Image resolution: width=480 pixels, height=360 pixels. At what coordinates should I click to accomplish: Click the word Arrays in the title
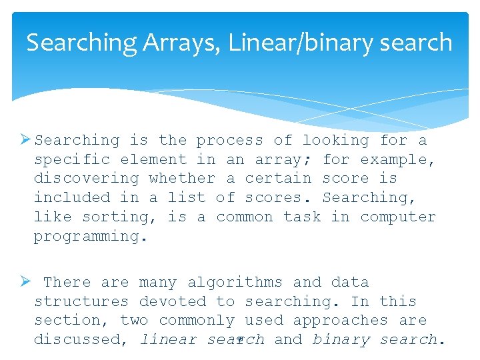point(181,43)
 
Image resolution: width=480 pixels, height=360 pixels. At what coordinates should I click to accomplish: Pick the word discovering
point(86,178)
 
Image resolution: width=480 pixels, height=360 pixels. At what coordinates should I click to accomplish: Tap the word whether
point(182,178)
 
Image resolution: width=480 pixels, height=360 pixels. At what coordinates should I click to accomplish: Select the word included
point(72,197)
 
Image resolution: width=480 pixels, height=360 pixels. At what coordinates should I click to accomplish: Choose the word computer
point(398,217)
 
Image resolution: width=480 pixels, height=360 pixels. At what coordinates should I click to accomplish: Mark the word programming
point(86,236)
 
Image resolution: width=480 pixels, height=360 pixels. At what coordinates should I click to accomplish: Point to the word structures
point(81,301)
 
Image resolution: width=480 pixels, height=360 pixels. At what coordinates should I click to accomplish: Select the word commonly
point(197,320)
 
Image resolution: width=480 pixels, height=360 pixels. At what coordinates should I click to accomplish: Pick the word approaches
point(340,320)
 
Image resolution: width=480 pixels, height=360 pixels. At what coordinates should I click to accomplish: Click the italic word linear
point(168,339)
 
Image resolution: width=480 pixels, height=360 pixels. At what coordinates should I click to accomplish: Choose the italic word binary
point(341,339)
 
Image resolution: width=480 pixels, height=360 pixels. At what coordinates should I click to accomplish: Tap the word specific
point(72,159)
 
